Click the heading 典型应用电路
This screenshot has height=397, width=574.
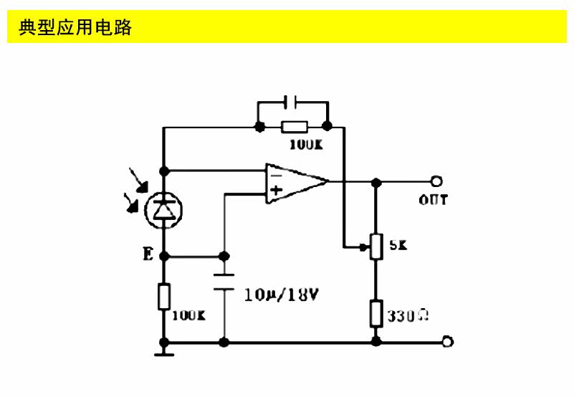tap(75, 27)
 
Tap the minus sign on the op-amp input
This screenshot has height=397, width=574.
tap(275, 172)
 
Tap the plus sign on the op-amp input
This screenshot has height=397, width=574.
tap(275, 191)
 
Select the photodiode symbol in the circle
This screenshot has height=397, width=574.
tap(164, 210)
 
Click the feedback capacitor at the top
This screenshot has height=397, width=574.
tap(292, 102)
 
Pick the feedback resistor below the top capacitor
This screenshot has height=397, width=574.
tap(294, 128)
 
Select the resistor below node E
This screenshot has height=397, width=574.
tap(164, 297)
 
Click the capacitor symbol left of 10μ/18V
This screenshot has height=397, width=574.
tap(224, 280)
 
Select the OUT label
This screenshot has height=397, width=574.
tap(433, 200)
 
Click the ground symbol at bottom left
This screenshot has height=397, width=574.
tap(164, 351)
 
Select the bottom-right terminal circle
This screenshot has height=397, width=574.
tap(448, 343)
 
